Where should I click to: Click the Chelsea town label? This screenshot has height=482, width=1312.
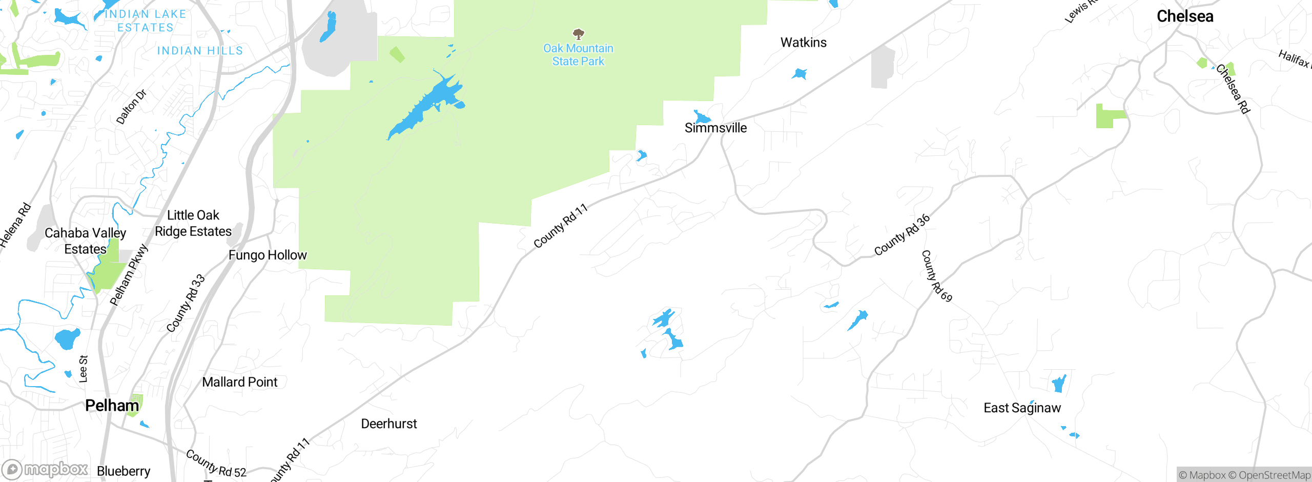pos(1185,16)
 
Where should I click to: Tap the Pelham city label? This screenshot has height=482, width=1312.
pos(112,406)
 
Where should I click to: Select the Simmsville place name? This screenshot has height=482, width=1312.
pos(715,128)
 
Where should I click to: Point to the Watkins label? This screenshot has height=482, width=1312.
pos(803,43)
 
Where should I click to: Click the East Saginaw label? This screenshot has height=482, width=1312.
pos(1022,408)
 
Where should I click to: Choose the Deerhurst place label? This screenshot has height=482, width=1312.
pos(389,424)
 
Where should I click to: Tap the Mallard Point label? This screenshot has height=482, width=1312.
pos(239,382)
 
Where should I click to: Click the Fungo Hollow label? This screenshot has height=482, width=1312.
pos(268,255)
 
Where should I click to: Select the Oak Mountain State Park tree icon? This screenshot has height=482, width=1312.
pos(579,34)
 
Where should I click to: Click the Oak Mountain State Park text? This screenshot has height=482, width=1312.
pos(578,55)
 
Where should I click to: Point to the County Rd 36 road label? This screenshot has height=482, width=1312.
pos(901,235)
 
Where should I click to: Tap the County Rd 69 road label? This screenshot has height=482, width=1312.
pos(936,276)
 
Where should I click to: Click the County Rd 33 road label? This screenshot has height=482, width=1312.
pos(186,303)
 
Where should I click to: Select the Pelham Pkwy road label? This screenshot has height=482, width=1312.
pos(129,275)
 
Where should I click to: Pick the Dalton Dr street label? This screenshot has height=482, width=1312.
pos(131,107)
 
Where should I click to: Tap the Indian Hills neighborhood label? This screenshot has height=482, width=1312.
pos(200,51)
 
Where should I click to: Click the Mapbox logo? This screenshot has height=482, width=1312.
pos(45,469)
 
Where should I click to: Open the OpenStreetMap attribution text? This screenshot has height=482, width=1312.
pos(1274,475)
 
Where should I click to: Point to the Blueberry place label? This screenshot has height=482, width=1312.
pos(124,471)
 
